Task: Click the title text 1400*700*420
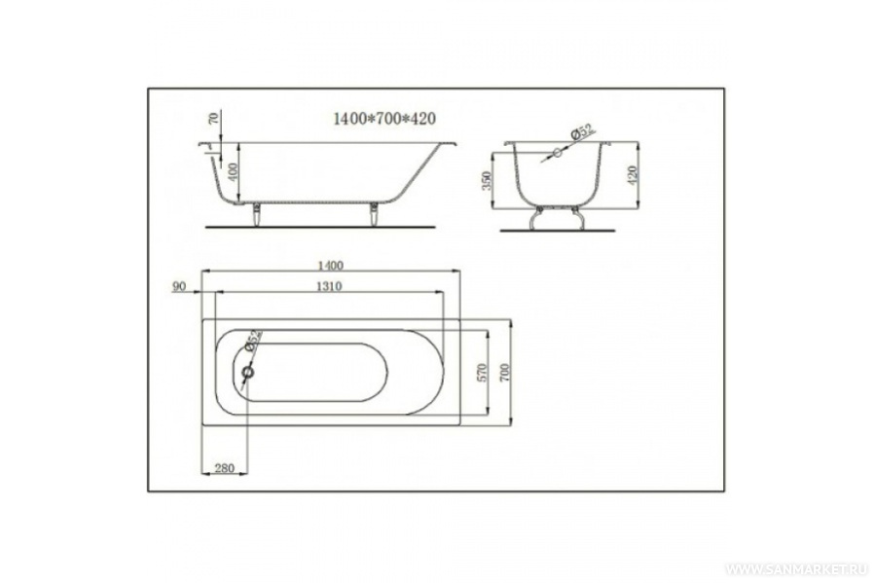(x=383, y=119)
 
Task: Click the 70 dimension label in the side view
(x=213, y=118)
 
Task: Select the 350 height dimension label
(x=488, y=181)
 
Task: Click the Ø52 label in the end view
(x=581, y=132)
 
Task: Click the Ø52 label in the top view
(x=253, y=341)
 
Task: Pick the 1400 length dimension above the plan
(x=330, y=266)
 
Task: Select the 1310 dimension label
(x=329, y=287)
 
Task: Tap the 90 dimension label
(x=179, y=287)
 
